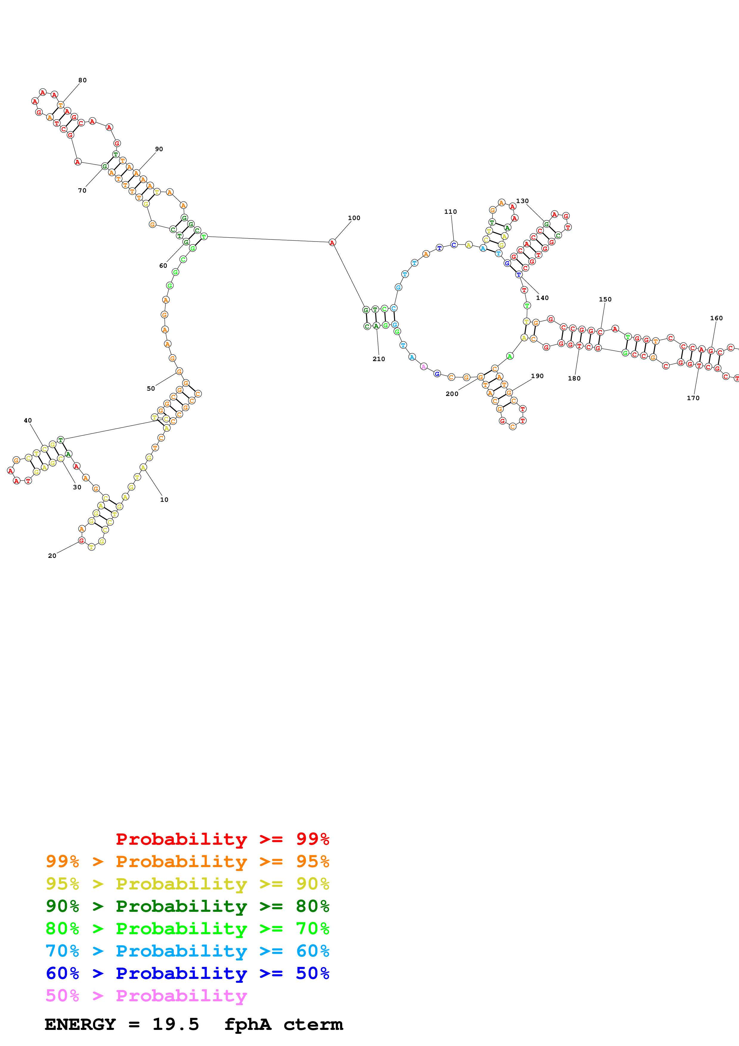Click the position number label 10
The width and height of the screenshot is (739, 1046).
[x=164, y=500]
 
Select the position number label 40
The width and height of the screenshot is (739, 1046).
[x=28, y=420]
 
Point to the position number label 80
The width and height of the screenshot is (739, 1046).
[x=82, y=80]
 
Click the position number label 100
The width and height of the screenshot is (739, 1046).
[x=354, y=218]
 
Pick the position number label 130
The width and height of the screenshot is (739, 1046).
[x=522, y=201]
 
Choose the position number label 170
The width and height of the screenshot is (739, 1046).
[x=693, y=398]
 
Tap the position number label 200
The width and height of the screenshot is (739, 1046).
[x=452, y=394]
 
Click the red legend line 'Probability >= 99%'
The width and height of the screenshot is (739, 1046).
[x=222, y=839]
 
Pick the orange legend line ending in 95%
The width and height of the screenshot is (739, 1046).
[x=187, y=861]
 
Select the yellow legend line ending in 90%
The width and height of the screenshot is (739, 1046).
[x=187, y=884]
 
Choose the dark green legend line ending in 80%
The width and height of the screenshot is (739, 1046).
[x=187, y=906]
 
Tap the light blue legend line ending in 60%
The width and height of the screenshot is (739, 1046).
[x=187, y=951]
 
